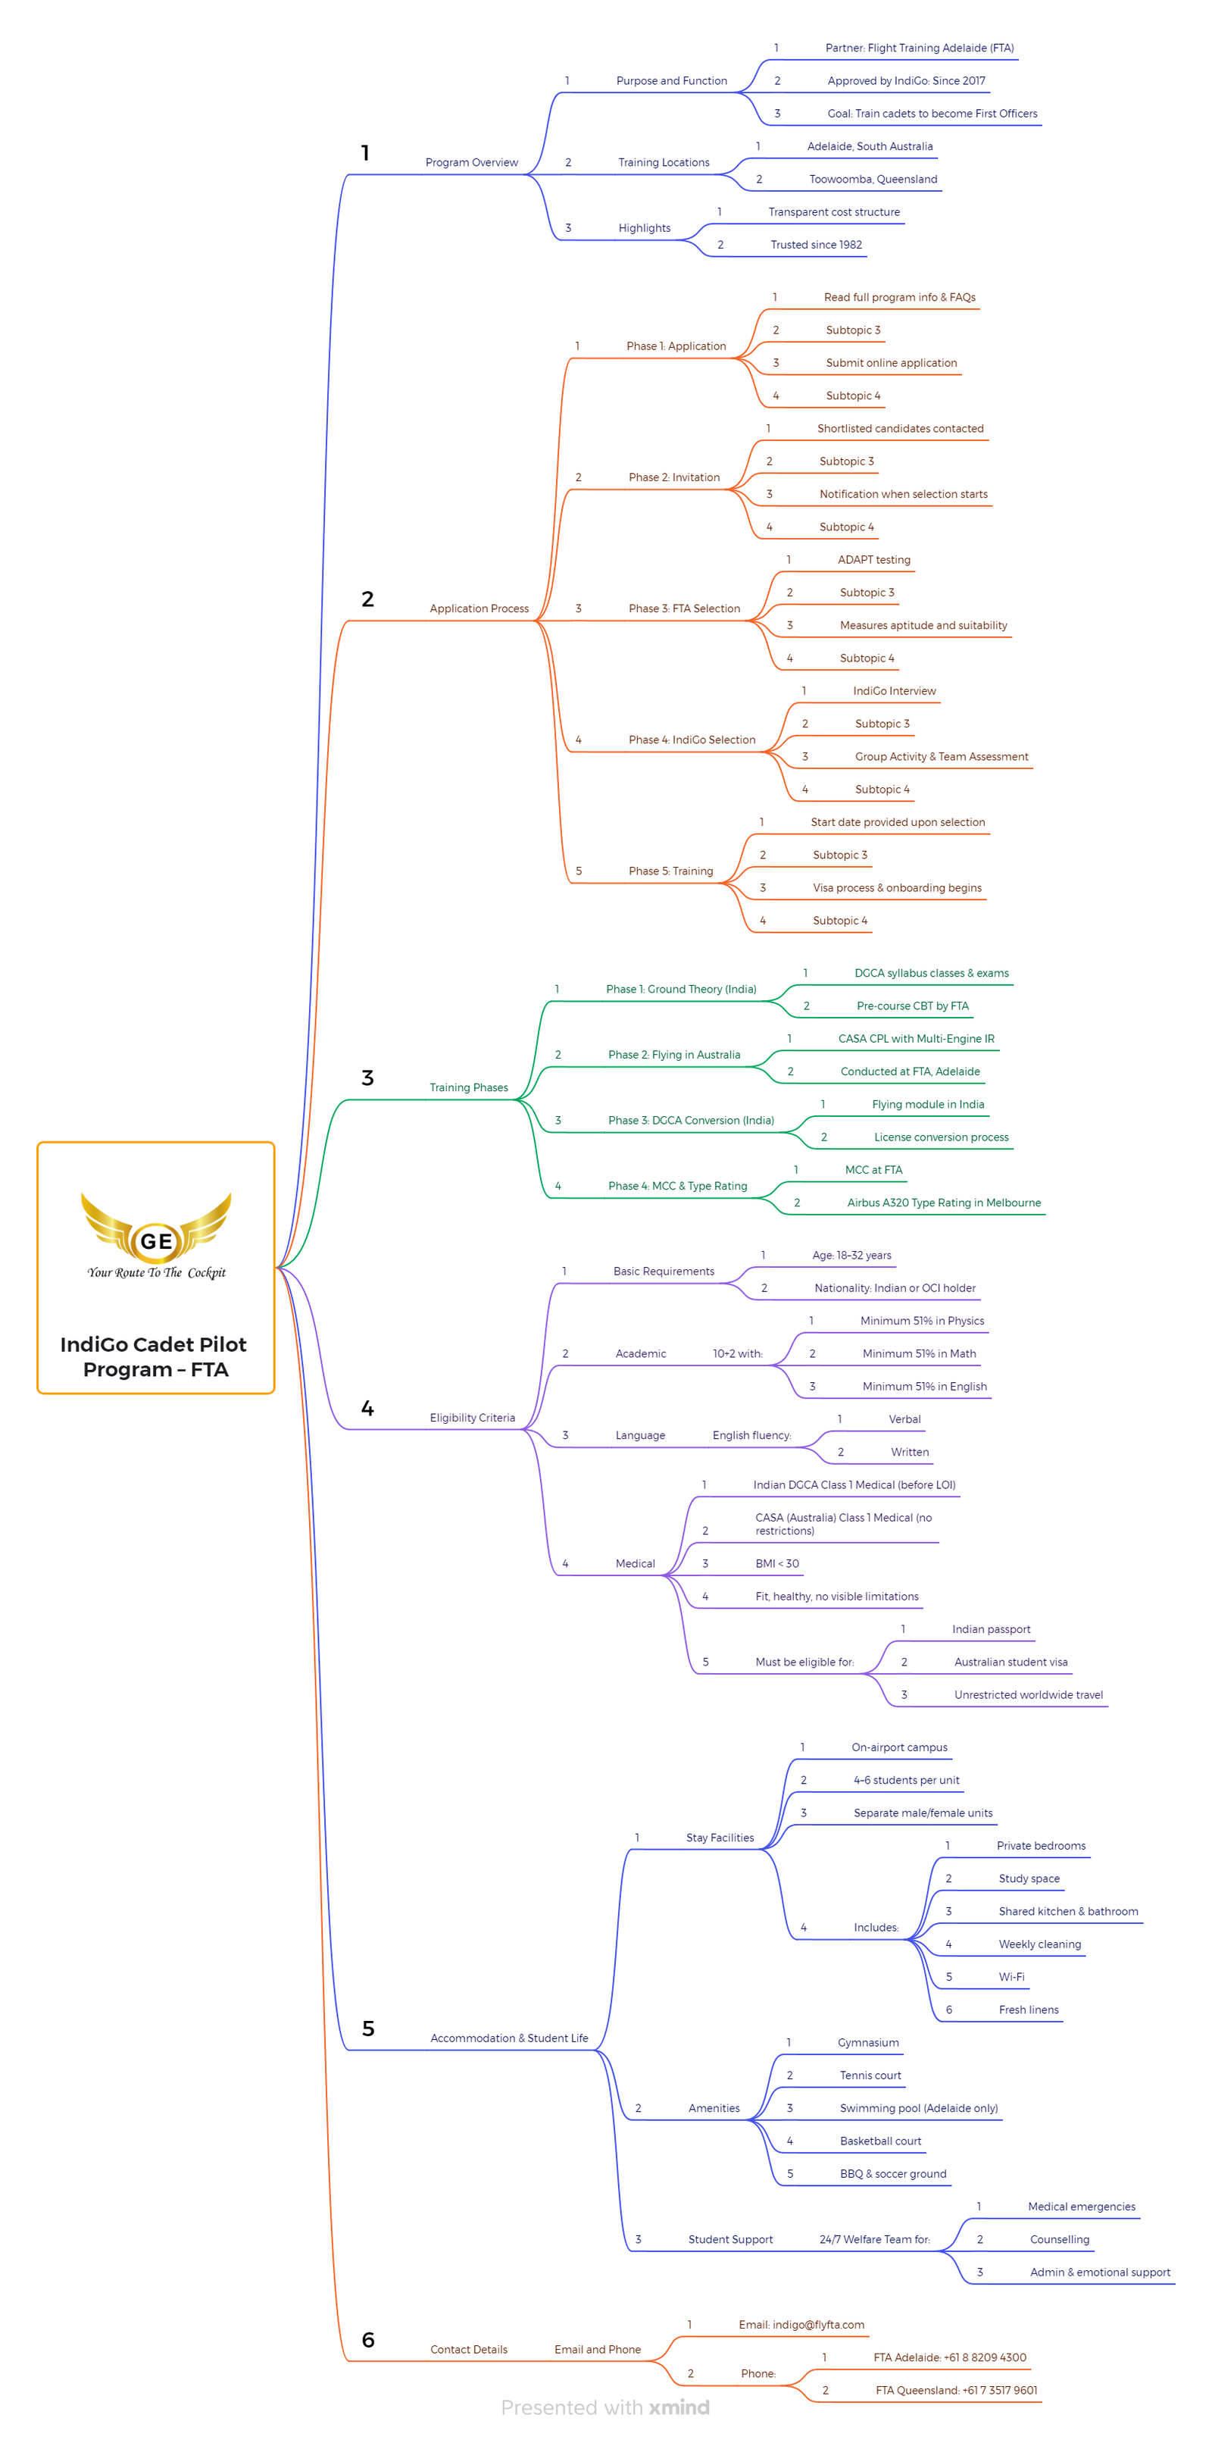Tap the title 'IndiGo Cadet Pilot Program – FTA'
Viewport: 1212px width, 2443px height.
[x=155, y=1356]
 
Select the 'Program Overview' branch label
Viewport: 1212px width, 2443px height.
[x=471, y=162]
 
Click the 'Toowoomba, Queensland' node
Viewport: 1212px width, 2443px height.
[x=873, y=180]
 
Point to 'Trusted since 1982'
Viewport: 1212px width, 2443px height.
[x=816, y=245]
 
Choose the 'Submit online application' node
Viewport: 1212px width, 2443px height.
[x=891, y=363]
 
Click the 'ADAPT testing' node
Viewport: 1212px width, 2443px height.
[x=873, y=559]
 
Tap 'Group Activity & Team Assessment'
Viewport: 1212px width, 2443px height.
[x=941, y=757]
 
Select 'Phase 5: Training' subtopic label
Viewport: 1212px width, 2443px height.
[x=670, y=871]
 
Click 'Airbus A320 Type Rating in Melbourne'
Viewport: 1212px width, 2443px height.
[x=944, y=1203]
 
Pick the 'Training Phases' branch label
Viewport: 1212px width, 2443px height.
[x=468, y=1088]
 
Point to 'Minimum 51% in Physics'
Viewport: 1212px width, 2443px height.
[x=922, y=1321]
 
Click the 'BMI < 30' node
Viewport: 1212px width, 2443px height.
[x=776, y=1564]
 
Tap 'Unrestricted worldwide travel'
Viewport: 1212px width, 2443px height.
[x=1028, y=1695]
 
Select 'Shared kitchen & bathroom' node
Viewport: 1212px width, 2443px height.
[x=1068, y=1911]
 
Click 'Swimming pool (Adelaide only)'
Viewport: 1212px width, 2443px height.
[x=918, y=2108]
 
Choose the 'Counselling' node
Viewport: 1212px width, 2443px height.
[x=1059, y=2239]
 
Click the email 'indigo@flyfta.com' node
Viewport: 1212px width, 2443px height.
[x=801, y=2325]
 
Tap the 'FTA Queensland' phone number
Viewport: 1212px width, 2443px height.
[x=956, y=2390]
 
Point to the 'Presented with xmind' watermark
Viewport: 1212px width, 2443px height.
[x=605, y=2408]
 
